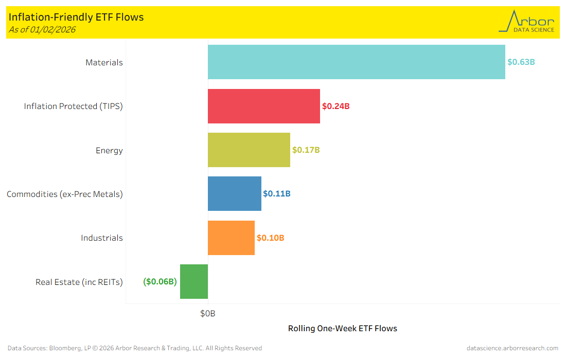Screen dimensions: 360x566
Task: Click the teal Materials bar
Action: pos(356,62)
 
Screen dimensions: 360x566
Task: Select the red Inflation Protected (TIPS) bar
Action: pos(263,106)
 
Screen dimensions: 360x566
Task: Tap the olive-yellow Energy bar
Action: pos(249,150)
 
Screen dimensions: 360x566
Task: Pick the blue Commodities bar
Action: pos(234,194)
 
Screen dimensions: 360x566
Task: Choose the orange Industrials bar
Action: pos(231,238)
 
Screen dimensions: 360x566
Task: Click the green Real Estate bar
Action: pos(194,281)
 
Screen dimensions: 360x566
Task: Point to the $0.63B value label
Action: pos(521,62)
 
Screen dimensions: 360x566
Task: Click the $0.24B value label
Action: pos(335,106)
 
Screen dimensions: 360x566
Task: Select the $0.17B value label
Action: pos(306,150)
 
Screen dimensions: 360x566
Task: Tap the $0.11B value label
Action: pos(276,194)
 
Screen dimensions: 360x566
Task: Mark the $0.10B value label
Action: pos(270,238)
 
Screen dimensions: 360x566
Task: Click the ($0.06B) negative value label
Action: pos(160,282)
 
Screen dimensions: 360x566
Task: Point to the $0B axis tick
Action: pos(208,313)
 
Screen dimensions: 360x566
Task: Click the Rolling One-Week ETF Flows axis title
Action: pos(342,328)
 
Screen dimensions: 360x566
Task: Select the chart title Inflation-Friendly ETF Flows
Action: pos(76,17)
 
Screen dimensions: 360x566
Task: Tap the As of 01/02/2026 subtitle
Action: pos(42,29)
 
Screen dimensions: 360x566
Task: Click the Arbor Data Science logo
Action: pos(526,22)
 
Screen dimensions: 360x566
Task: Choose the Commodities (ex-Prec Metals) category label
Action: pos(65,194)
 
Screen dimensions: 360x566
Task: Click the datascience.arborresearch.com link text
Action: pos(512,348)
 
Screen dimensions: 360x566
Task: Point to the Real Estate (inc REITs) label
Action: pos(79,282)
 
